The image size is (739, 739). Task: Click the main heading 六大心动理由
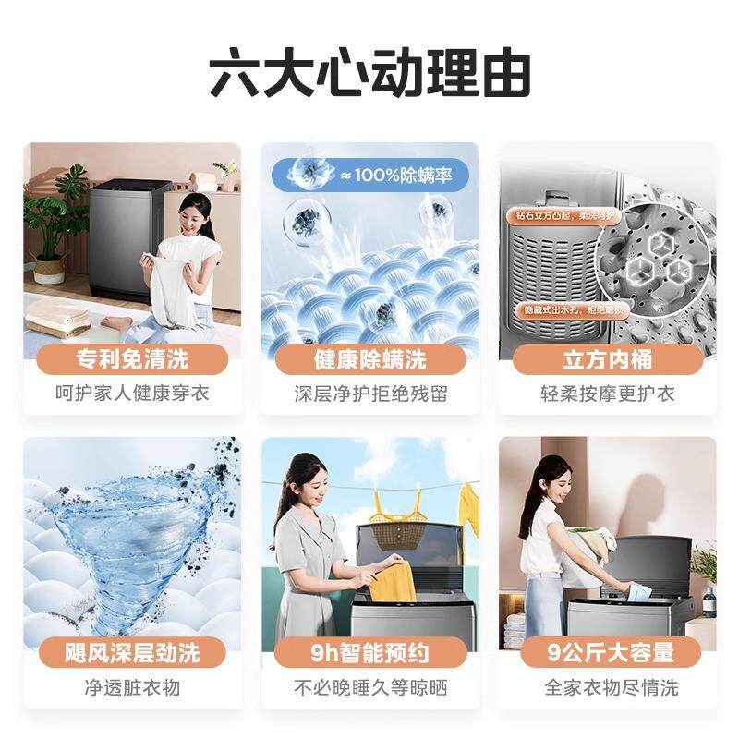pos(369,75)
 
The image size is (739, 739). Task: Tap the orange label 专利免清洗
pos(131,358)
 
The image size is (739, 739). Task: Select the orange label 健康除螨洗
pos(369,358)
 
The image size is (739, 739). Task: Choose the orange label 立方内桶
pos(607,358)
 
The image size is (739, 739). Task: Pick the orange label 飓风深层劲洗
pos(131,653)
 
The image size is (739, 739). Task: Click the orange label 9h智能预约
pos(369,653)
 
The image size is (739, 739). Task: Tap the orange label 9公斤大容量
pos(607,653)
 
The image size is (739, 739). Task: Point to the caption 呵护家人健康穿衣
pos(131,394)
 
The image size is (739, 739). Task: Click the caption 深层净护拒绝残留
pos(369,394)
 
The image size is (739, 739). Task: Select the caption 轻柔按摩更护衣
pos(607,394)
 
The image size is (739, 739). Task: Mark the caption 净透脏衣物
pos(131,687)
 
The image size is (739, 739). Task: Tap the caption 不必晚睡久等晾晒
pos(369,687)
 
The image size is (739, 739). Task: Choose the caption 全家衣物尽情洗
pos(607,687)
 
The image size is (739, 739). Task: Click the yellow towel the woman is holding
pos(389,581)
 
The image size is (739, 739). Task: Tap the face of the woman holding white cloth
pos(191,212)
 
